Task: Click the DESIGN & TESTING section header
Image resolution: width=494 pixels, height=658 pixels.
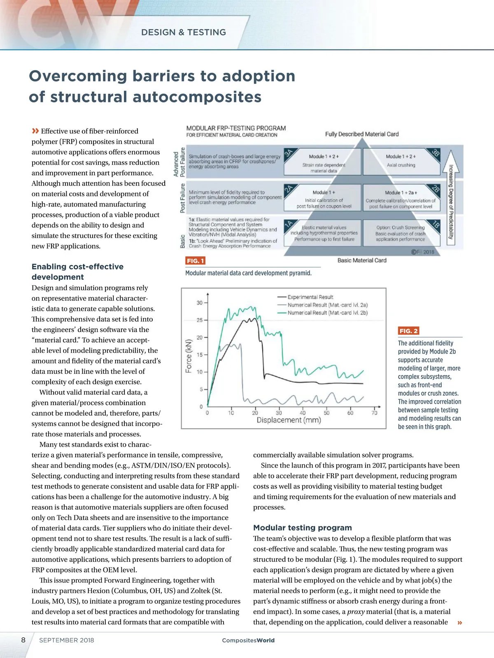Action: click(x=183, y=32)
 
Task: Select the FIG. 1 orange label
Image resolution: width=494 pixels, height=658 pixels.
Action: click(x=195, y=261)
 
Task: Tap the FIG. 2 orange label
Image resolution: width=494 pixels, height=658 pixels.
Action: click(x=408, y=331)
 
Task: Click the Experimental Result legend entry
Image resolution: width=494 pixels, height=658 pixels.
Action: click(x=310, y=297)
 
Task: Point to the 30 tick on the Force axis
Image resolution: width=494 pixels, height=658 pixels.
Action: click(x=200, y=303)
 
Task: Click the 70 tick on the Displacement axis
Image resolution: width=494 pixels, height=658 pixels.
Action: click(x=374, y=413)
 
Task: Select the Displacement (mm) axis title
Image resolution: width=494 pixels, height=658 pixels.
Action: click(x=289, y=420)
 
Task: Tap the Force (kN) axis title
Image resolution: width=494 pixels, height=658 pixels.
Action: click(x=189, y=356)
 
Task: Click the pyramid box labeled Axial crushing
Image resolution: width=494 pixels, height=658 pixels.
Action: click(x=401, y=161)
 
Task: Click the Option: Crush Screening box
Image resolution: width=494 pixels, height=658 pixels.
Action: click(x=400, y=233)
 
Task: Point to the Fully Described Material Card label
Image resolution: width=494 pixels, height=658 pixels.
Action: click(x=362, y=134)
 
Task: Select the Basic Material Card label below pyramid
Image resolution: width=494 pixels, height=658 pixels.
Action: click(x=362, y=260)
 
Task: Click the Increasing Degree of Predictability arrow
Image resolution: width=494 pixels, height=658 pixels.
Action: click(x=451, y=197)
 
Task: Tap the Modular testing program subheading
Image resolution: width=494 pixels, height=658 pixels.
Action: click(x=303, y=528)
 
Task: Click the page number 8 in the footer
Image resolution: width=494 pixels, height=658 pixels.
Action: click(x=23, y=640)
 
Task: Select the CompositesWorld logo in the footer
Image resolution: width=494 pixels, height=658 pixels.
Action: click(x=248, y=640)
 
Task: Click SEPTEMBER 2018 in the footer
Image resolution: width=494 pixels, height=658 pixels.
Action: click(x=67, y=640)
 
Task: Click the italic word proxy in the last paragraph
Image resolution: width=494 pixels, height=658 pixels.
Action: click(x=356, y=612)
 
